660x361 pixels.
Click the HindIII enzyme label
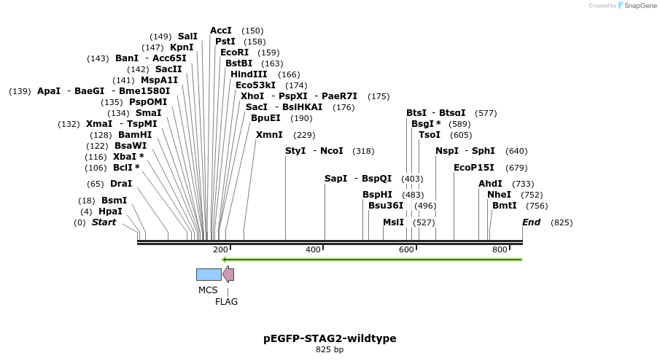click(249, 74)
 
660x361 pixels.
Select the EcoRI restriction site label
click(234, 53)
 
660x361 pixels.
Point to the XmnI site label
click(269, 135)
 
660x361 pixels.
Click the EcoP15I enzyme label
click(473, 168)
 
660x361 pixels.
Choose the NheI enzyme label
click(499, 195)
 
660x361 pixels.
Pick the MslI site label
click(393, 222)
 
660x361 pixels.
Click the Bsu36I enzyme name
click(386, 206)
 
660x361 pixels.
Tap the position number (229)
click(304, 135)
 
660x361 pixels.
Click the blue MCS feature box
click(209, 274)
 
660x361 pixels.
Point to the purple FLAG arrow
click(228, 274)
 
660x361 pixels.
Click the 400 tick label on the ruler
click(314, 250)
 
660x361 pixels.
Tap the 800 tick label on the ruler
click(500, 250)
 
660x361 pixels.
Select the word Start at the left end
click(104, 222)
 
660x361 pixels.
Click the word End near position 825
click(531, 222)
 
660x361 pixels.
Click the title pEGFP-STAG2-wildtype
click(330, 338)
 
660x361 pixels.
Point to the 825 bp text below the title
click(330, 350)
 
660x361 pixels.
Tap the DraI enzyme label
click(121, 184)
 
